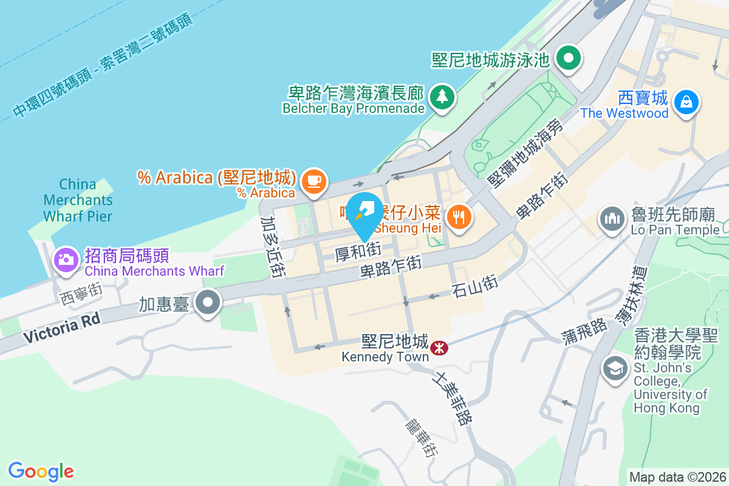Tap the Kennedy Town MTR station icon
tap(439, 347)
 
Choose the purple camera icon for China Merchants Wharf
tap(66, 259)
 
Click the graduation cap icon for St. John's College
tap(615, 368)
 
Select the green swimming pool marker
tap(569, 59)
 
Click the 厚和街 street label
tap(358, 251)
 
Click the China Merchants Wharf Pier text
tap(78, 200)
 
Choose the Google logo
tap(41, 471)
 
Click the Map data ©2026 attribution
tap(677, 477)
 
